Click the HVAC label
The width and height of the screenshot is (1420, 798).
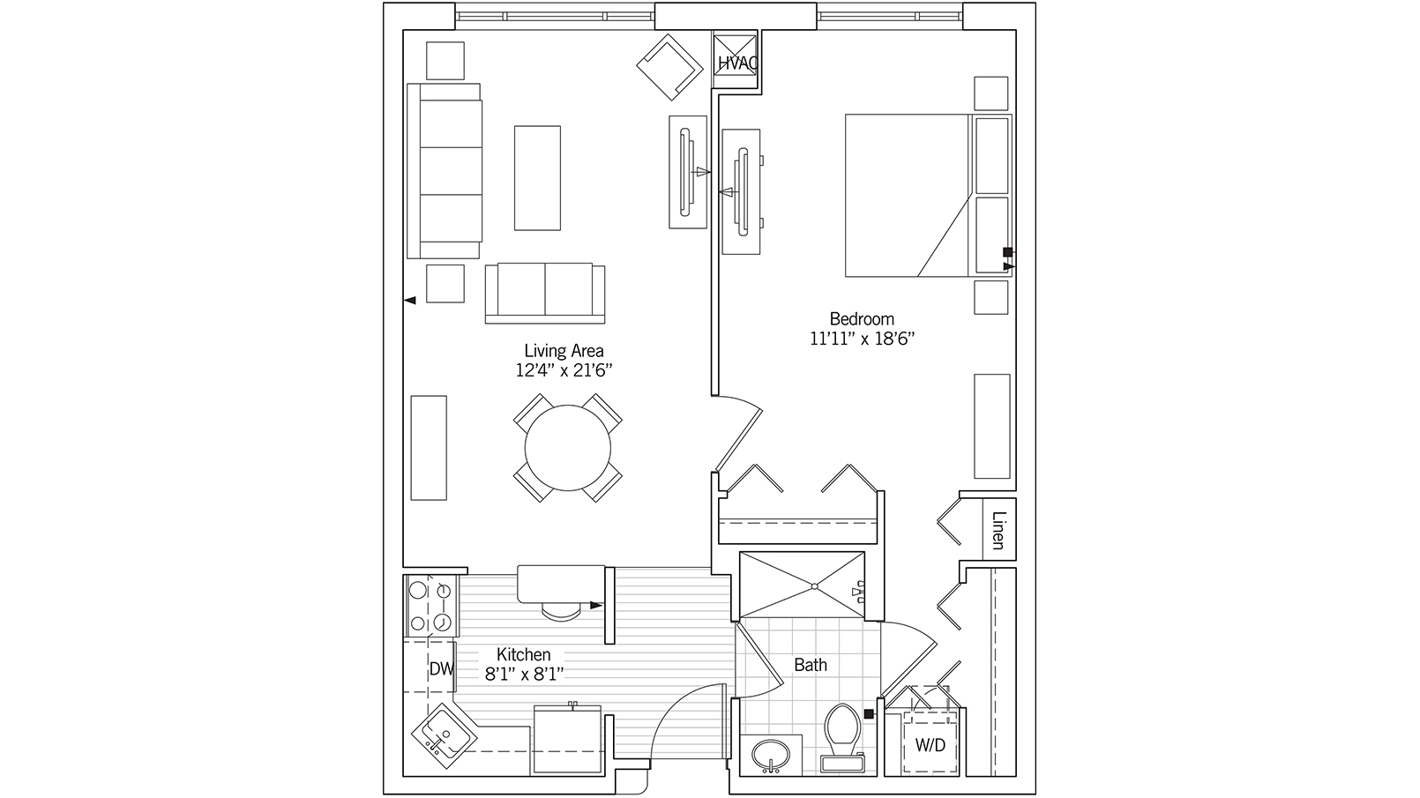736,63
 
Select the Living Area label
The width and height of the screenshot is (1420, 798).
564,351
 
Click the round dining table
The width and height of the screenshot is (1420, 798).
568,447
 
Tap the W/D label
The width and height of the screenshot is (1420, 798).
930,745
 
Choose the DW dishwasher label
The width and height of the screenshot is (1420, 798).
440,669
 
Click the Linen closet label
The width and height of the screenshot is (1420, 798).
998,530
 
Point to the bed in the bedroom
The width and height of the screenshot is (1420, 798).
908,195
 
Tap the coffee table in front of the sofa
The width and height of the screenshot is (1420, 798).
537,177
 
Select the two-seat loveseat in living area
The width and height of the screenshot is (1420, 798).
545,292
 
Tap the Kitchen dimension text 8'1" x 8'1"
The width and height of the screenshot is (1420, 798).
524,675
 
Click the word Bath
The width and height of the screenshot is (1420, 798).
810,665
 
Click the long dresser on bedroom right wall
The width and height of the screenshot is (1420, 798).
992,426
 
